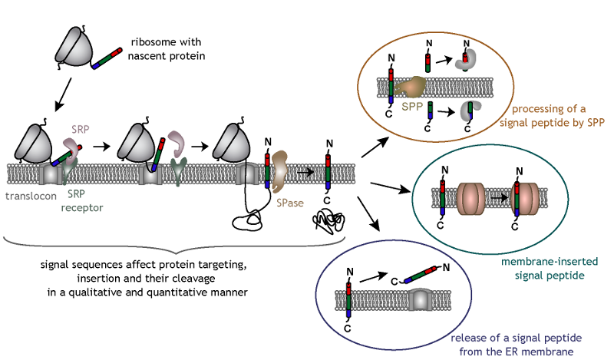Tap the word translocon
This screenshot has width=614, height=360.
click(x=28, y=196)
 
